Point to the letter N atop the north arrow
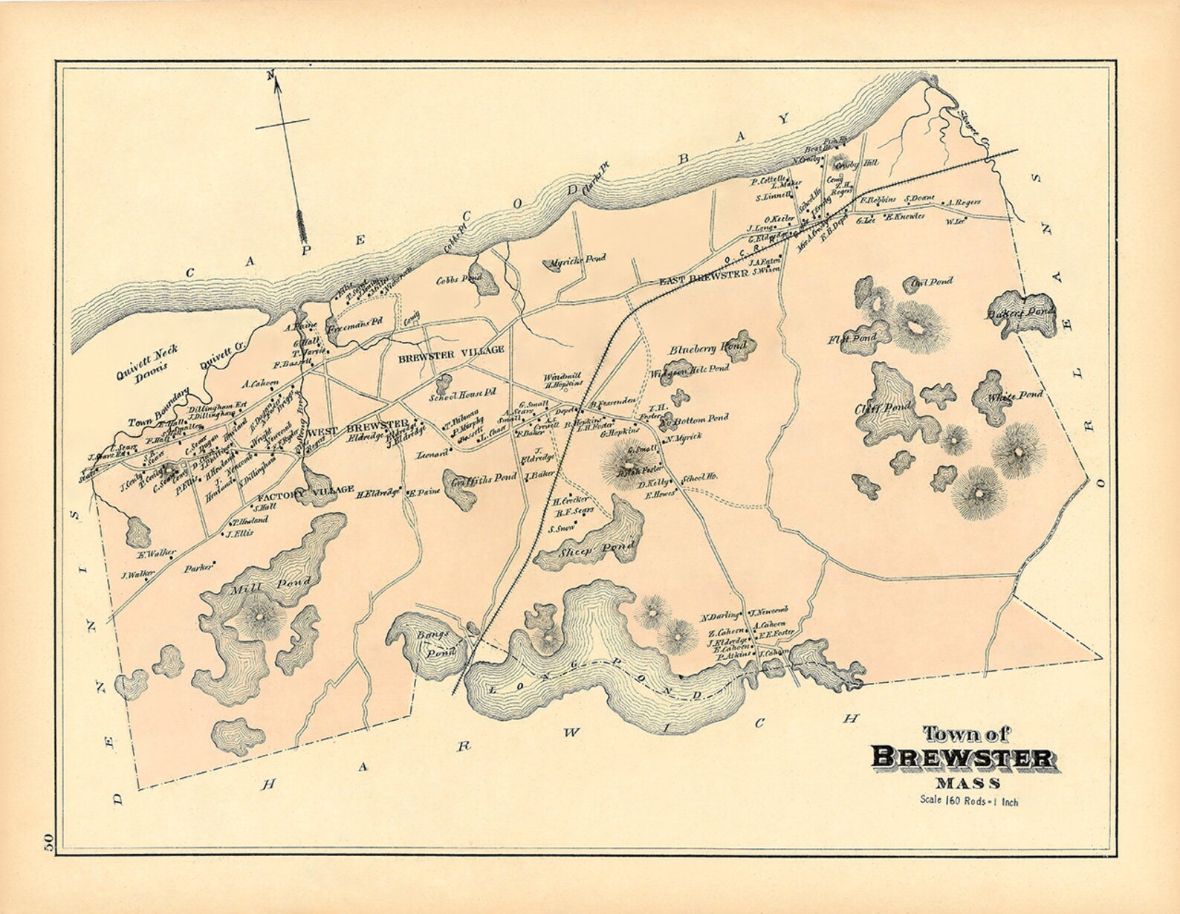pyautogui.click(x=271, y=74)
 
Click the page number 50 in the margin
pyautogui.click(x=48, y=843)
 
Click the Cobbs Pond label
pyautogui.click(x=458, y=279)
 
